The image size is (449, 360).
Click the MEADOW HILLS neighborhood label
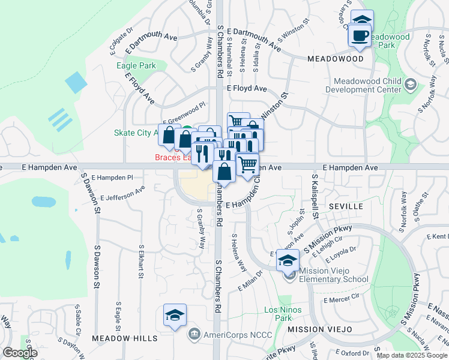tap(125, 338)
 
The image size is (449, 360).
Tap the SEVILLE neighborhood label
tap(346, 206)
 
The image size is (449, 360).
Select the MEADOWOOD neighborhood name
tap(336, 59)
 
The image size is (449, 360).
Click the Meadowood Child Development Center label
tap(363, 85)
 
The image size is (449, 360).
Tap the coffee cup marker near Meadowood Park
tap(360, 35)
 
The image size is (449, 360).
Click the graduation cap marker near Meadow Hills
tap(175, 315)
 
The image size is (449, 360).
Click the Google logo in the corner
tap(20, 353)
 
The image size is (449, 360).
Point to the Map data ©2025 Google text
tap(412, 355)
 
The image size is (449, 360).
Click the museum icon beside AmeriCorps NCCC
tap(194, 334)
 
